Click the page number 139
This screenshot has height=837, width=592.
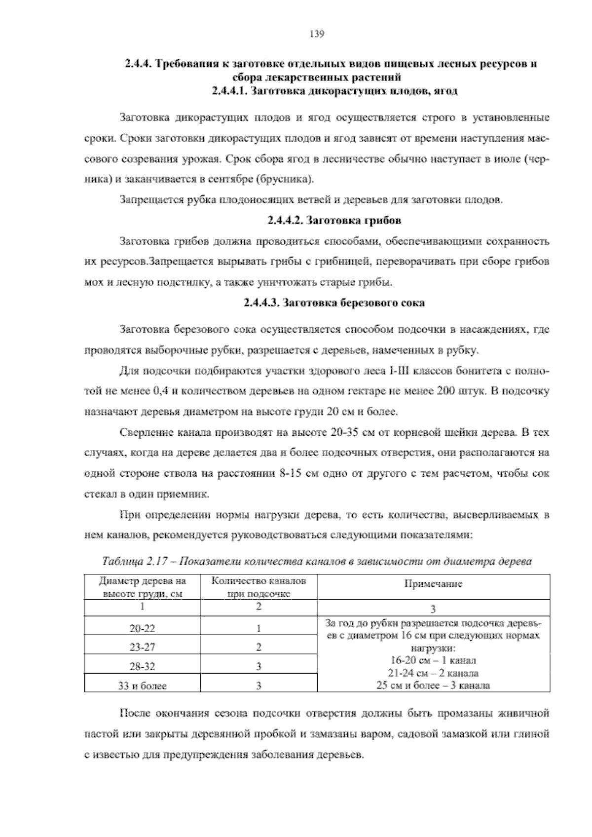point(316,34)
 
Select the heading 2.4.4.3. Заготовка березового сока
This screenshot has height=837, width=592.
point(334,303)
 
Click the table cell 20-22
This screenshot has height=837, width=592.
point(142,629)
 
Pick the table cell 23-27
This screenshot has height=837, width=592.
point(142,647)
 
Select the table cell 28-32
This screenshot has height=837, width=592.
point(142,667)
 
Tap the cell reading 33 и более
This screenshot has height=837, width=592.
point(142,685)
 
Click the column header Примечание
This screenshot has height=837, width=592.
point(433,584)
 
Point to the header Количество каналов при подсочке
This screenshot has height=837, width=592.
point(259,587)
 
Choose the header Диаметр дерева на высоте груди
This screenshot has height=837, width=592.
point(142,587)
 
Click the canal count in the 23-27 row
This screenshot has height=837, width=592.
point(259,647)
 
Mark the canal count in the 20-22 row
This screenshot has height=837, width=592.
point(259,629)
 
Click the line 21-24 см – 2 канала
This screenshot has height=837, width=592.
point(433,673)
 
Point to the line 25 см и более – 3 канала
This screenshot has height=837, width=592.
point(433,685)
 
